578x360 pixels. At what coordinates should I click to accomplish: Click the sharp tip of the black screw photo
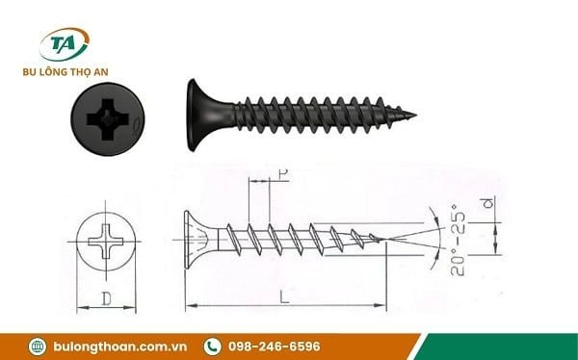click(x=413, y=116)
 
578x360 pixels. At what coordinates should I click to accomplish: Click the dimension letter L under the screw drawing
click(x=284, y=297)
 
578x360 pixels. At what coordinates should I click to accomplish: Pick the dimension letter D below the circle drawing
click(x=106, y=298)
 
